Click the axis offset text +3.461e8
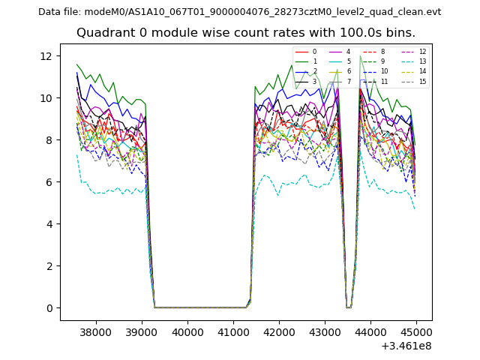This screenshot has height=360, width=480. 406,346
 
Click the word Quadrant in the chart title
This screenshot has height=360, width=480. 104,33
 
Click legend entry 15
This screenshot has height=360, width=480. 422,81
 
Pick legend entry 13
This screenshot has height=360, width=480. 422,61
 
